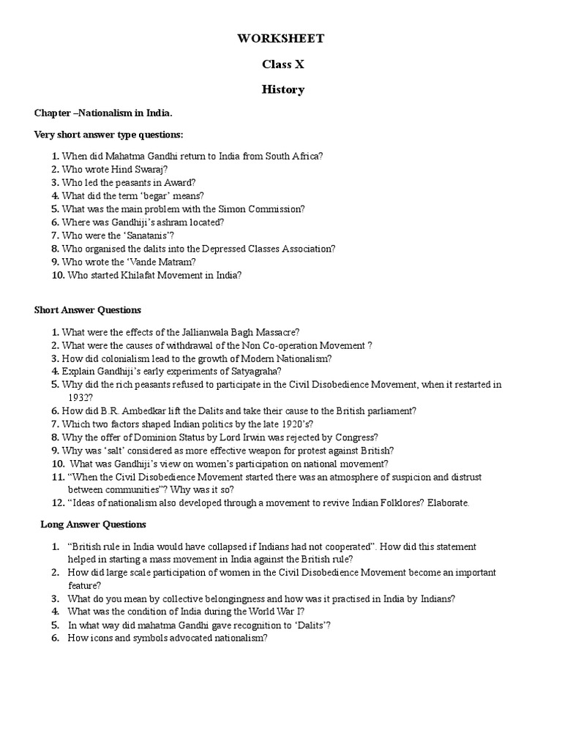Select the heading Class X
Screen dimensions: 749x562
283,64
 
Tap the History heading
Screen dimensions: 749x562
283,89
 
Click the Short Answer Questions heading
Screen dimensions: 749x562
88,310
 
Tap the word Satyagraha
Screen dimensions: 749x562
226,372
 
